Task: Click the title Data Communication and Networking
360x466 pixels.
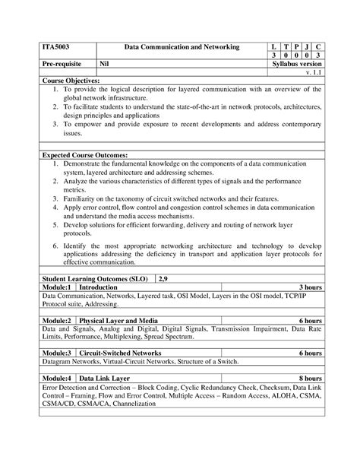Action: click(182, 48)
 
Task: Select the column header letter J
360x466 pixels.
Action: click(305, 48)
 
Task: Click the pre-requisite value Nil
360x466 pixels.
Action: click(109, 65)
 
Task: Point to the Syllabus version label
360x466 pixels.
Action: click(296, 65)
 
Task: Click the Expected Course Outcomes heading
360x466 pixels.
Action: click(84, 154)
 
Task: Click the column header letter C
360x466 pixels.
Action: click(318, 48)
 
